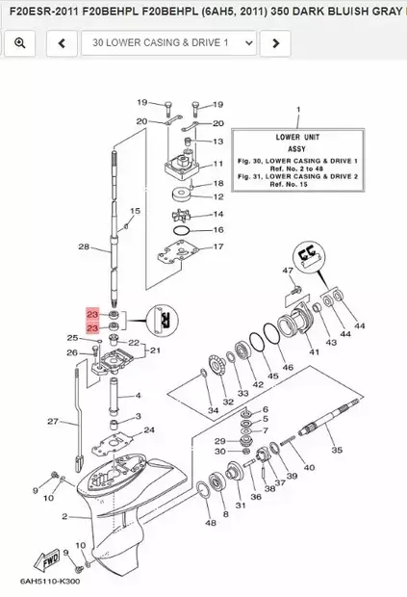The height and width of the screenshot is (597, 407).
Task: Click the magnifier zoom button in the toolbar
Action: pyautogui.click(x=20, y=43)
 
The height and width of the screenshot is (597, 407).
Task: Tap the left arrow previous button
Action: pyautogui.click(x=62, y=43)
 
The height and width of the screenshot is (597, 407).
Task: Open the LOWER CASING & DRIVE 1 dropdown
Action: pyautogui.click(x=169, y=43)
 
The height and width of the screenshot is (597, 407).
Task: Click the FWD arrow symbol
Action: pyautogui.click(x=47, y=560)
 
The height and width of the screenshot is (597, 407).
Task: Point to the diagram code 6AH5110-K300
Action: pyautogui.click(x=50, y=582)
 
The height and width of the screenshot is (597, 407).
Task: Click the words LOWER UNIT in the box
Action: pyautogui.click(x=297, y=137)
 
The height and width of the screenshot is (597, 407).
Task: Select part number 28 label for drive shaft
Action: pyautogui.click(x=84, y=247)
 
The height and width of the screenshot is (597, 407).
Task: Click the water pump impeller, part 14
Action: pyautogui.click(x=181, y=216)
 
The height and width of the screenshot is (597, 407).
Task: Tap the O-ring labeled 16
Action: pyautogui.click(x=181, y=230)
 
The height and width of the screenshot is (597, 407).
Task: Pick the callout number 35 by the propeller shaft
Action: pyautogui.click(x=337, y=450)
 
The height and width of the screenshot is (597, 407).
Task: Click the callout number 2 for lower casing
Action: pyautogui.click(x=64, y=517)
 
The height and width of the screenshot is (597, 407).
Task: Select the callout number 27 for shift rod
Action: pyautogui.click(x=53, y=422)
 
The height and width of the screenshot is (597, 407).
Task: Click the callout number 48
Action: pyautogui.click(x=211, y=523)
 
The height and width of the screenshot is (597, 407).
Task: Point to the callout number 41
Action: pyautogui.click(x=314, y=352)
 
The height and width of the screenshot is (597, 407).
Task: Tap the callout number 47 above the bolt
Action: pyautogui.click(x=288, y=271)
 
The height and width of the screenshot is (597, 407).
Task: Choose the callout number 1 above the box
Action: pyautogui.click(x=298, y=110)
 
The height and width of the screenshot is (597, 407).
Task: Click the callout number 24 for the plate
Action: pyautogui.click(x=149, y=429)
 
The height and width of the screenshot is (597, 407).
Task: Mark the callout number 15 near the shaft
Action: pyautogui.click(x=135, y=211)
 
